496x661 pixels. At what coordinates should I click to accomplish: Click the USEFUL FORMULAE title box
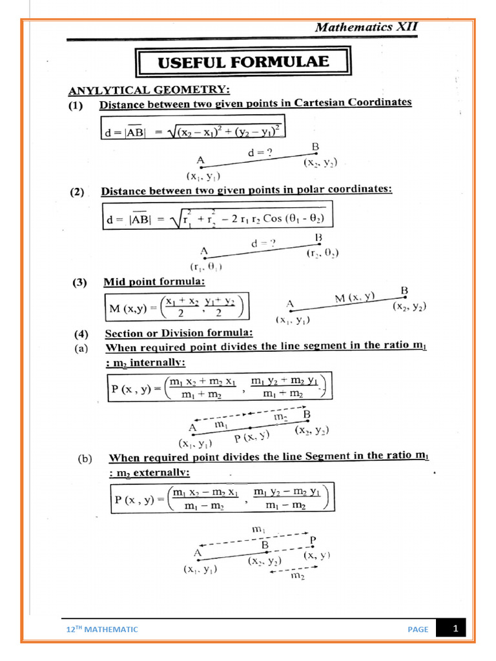pyautogui.click(x=243, y=63)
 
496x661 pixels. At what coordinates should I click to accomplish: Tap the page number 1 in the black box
pyautogui.click(x=455, y=628)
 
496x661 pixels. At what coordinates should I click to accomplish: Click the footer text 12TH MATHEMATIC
pyautogui.click(x=103, y=629)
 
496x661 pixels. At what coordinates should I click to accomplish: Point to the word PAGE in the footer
pyautogui.click(x=418, y=629)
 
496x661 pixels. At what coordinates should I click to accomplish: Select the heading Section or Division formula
pyautogui.click(x=178, y=334)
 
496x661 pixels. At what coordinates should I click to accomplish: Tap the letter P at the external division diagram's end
pyautogui.click(x=313, y=539)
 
